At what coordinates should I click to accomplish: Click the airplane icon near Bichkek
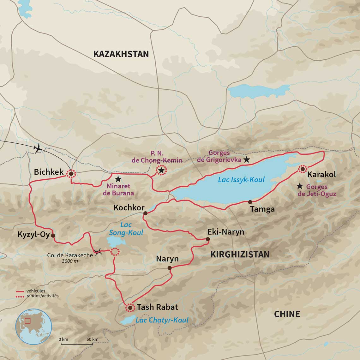click(x=38, y=148)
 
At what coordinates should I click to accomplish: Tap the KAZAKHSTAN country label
click(x=121, y=54)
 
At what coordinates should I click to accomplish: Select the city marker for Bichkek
click(x=71, y=173)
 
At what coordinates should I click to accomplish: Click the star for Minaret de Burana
click(x=118, y=179)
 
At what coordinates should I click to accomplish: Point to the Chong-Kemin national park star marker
click(x=161, y=171)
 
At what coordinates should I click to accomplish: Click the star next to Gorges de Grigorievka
click(x=247, y=160)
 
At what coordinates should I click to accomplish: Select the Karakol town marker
click(x=303, y=169)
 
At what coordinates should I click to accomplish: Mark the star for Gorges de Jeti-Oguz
click(x=300, y=186)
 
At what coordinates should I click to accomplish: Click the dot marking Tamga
click(x=250, y=202)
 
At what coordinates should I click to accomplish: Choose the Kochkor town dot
click(x=145, y=213)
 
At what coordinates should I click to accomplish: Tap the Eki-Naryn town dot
click(x=207, y=239)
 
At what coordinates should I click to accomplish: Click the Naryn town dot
click(x=169, y=268)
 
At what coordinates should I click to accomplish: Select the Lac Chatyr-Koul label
click(x=162, y=320)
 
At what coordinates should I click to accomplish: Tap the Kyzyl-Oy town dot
click(x=53, y=235)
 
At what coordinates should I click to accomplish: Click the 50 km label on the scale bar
click(x=93, y=339)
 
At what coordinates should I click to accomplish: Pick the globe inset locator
click(x=33, y=327)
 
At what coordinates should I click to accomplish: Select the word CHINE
click(x=287, y=314)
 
